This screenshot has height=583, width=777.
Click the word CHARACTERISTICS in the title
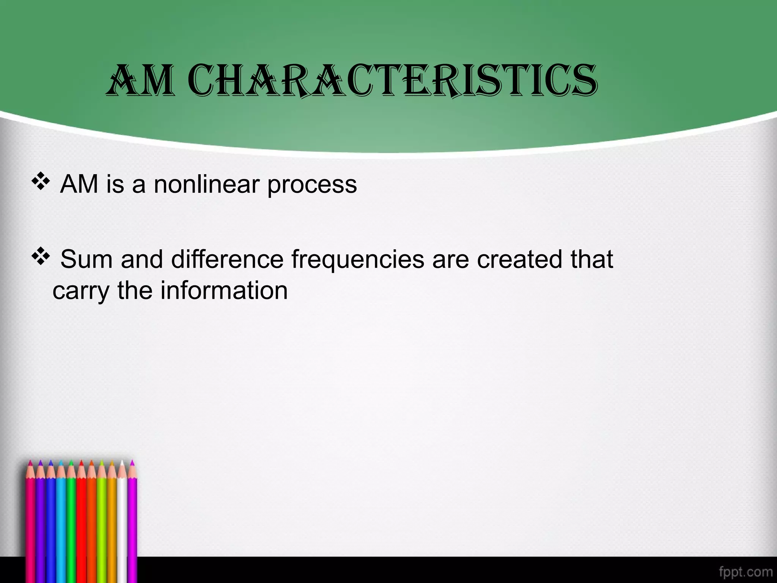(x=393, y=80)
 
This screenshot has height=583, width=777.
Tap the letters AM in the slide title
(x=140, y=80)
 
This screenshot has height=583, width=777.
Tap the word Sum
(x=87, y=260)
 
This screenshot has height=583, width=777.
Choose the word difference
(x=227, y=260)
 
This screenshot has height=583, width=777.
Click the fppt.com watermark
(x=746, y=572)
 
